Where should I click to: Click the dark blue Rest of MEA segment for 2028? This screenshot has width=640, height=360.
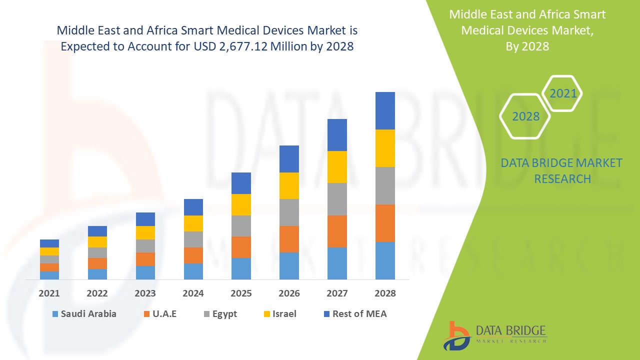[385, 110]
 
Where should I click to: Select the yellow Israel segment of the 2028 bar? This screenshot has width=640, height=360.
[385, 148]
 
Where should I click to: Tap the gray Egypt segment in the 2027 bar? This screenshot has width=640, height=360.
[337, 199]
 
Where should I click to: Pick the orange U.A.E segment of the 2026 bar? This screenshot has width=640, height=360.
[289, 239]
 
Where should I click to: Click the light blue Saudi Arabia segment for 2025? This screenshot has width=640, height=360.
[241, 268]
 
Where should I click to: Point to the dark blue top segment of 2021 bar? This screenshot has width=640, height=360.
[49, 243]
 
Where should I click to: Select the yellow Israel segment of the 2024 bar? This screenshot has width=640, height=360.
[193, 223]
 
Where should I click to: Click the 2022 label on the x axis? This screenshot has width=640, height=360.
[97, 293]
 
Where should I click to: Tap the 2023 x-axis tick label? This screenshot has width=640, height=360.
[145, 293]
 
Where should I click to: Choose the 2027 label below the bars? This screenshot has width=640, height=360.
[337, 293]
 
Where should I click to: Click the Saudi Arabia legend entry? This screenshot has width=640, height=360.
[83, 314]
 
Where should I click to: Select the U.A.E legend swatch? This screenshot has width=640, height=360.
[146, 314]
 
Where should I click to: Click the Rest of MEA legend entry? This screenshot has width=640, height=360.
[355, 314]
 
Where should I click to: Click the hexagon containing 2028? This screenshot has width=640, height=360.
[525, 116]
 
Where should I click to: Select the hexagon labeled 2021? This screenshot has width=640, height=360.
[563, 93]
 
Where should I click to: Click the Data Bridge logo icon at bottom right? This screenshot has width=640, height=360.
[456, 335]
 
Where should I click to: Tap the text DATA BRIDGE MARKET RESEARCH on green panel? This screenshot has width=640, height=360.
[562, 170]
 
